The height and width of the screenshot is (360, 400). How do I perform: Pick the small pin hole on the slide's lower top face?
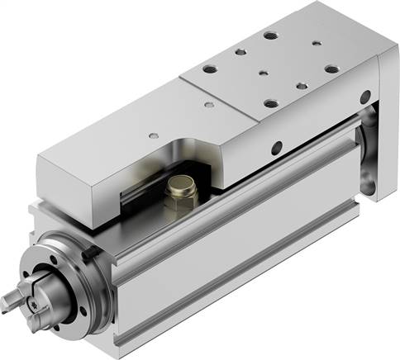(x=152, y=133)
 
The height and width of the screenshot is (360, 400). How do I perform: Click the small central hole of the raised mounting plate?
(x=263, y=72)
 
